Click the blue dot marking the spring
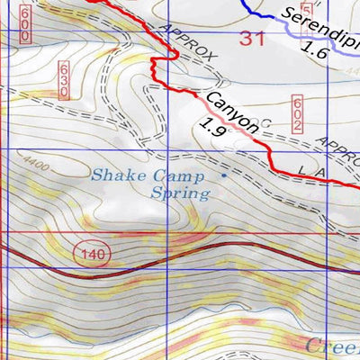pos(225,176)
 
